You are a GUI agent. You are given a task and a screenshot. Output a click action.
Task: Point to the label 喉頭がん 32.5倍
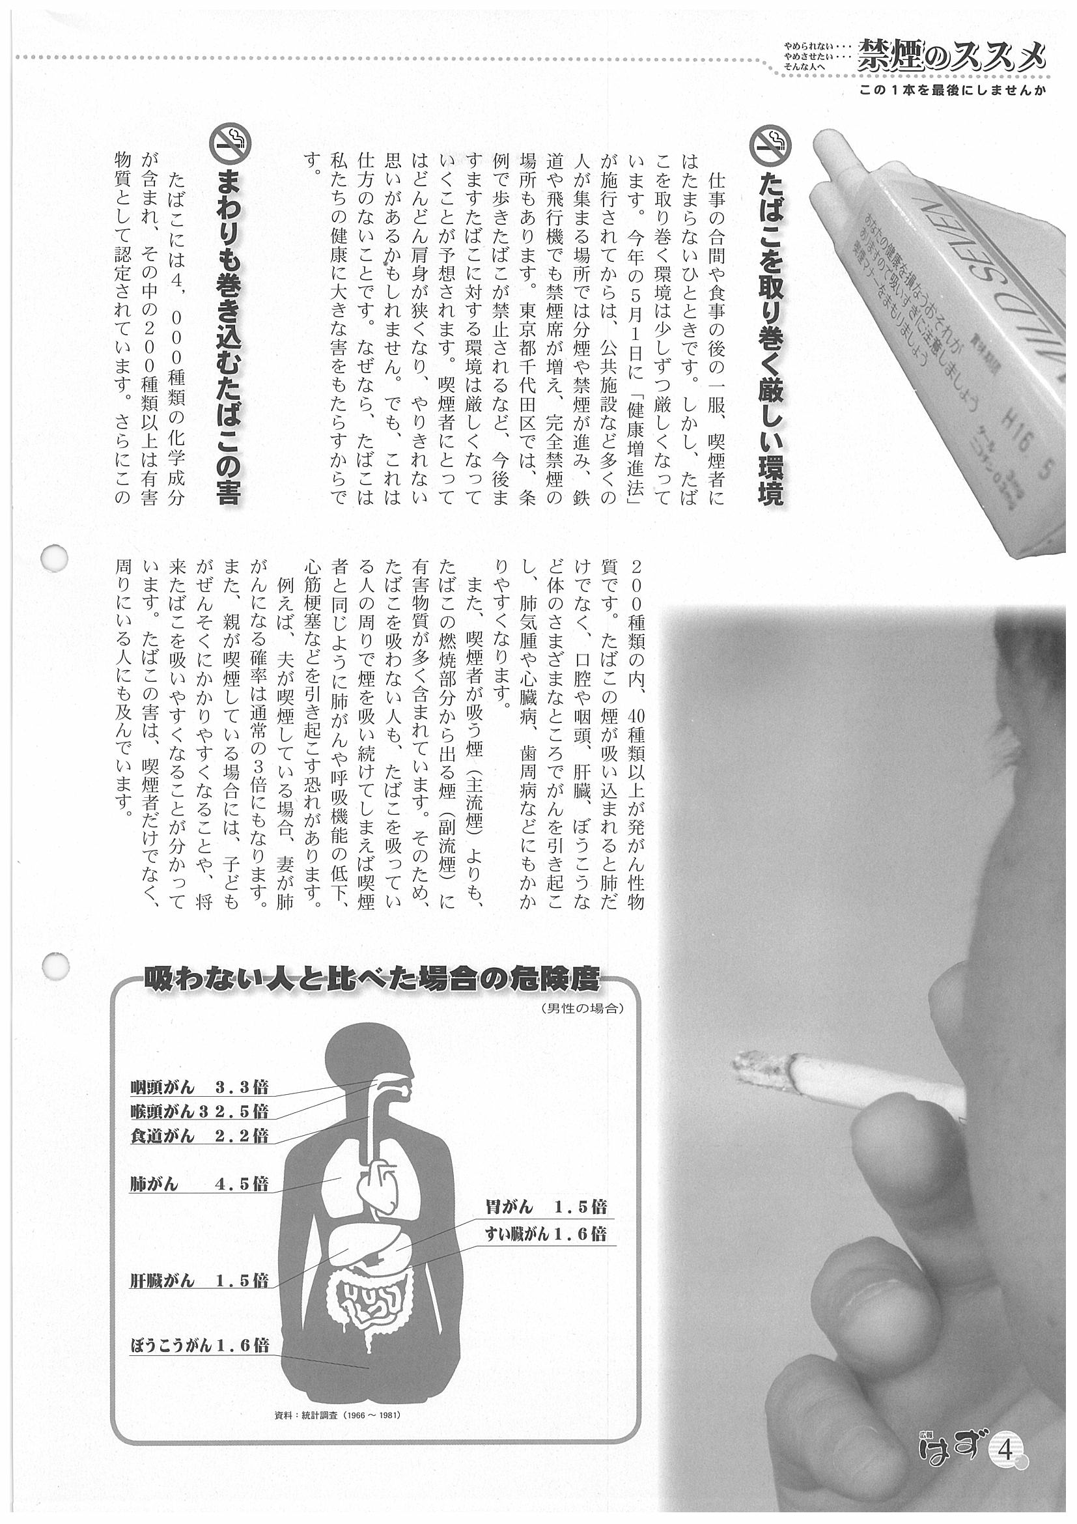click(x=199, y=1111)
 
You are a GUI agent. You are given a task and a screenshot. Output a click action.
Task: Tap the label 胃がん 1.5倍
click(x=546, y=1206)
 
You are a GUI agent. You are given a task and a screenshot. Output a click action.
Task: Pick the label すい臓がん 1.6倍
click(x=546, y=1234)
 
